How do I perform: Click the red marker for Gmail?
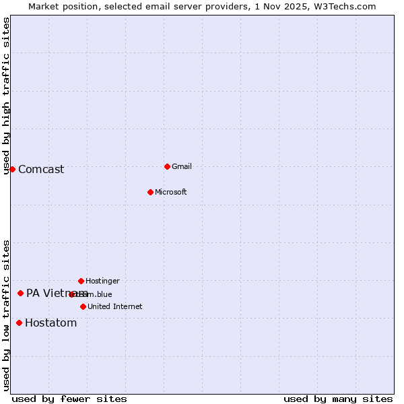point(167,166)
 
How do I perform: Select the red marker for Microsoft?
point(150,192)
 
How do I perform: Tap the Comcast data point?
point(12,169)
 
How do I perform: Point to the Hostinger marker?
point(81,281)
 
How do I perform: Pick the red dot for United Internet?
point(83,306)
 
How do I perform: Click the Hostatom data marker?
point(19,323)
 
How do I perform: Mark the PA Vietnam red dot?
point(20,293)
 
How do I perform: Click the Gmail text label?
point(182,166)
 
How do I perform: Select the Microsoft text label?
point(170,192)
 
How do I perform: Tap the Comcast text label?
point(41,169)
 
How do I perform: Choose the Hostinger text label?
point(102,281)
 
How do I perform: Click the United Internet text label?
point(114,306)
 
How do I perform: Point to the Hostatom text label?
point(50,323)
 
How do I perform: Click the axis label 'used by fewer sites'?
point(69,399)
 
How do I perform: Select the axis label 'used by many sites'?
point(338,399)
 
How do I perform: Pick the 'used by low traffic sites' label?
point(6,315)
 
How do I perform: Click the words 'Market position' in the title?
point(60,6)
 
